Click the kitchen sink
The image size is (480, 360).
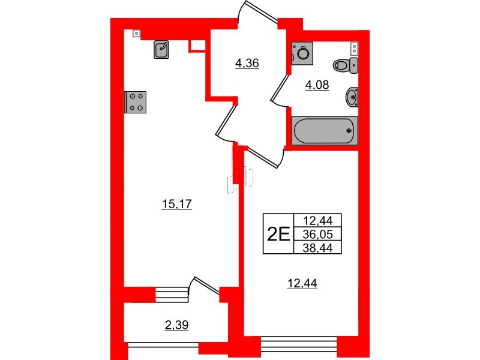(161, 49)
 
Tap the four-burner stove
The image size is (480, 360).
(136, 102)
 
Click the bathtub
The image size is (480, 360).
(325, 131)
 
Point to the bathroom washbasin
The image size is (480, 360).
(352, 97)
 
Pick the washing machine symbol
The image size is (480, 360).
(302, 53)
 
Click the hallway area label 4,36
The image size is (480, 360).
(247, 64)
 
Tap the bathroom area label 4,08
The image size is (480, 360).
(317, 85)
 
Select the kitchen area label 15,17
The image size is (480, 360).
(176, 204)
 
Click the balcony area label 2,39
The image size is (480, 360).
(176, 325)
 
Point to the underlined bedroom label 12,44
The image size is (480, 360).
(302, 283)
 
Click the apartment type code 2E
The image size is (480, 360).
(278, 234)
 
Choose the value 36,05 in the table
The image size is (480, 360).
(317, 234)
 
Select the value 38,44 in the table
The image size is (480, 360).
(317, 248)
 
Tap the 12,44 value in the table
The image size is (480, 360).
(317, 220)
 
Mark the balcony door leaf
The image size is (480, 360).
(206, 286)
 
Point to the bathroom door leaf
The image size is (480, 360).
(279, 88)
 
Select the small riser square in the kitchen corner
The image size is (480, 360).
(137, 33)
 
